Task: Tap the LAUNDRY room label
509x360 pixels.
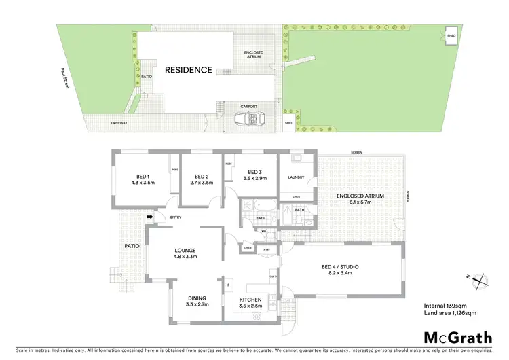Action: pos(295,178)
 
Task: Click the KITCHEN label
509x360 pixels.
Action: pos(252,300)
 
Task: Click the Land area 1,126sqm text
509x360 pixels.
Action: pos(447,313)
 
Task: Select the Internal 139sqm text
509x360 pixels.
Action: pos(444,304)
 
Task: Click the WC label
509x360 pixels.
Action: pos(266,231)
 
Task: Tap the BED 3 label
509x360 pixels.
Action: pos(254,171)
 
